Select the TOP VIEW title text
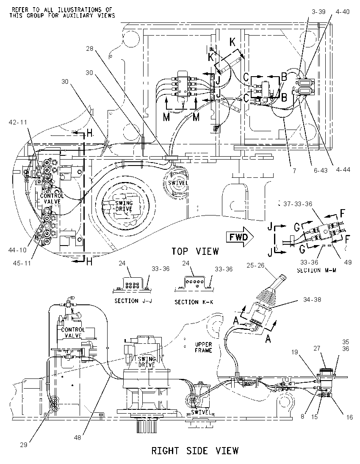[195, 251]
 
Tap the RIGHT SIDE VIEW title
[195, 451]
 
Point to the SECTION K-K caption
[194, 302]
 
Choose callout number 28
[90, 49]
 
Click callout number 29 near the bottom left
[24, 445]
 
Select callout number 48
[77, 437]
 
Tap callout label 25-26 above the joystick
[255, 265]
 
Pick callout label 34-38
[312, 299]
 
